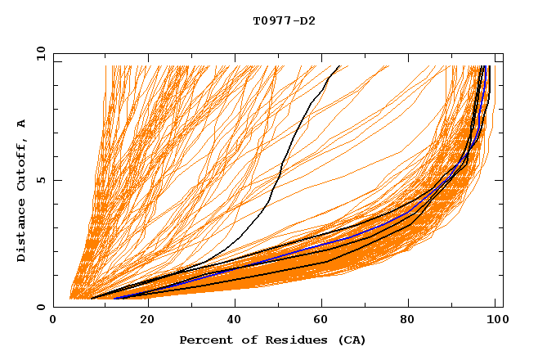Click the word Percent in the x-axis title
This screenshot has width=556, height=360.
tap(204, 340)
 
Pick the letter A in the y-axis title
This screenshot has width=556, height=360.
tap(22, 124)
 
